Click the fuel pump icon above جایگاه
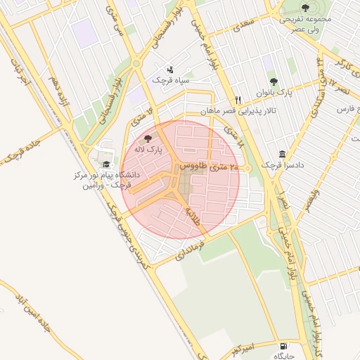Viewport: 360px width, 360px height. (x=284, y=346)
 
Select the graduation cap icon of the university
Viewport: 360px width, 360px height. (x=106, y=164)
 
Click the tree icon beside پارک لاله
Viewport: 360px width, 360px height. (x=148, y=139)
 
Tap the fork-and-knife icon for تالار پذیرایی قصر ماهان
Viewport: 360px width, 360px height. (x=238, y=100)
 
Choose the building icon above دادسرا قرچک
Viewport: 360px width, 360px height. (x=282, y=154)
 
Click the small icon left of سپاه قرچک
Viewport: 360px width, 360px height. (x=171, y=70)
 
